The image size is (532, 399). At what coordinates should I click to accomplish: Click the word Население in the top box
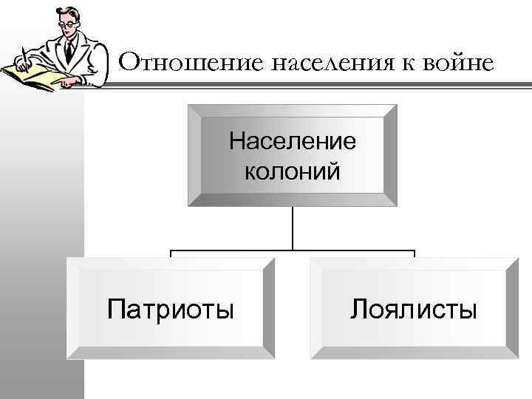(293, 140)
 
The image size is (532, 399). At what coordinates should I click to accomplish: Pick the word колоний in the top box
(293, 171)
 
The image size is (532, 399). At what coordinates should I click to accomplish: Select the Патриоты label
(171, 307)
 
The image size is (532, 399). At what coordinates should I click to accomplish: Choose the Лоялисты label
(414, 307)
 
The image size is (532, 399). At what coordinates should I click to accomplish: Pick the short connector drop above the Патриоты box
(171, 254)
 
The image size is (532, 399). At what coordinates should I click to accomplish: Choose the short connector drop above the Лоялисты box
(415, 254)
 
